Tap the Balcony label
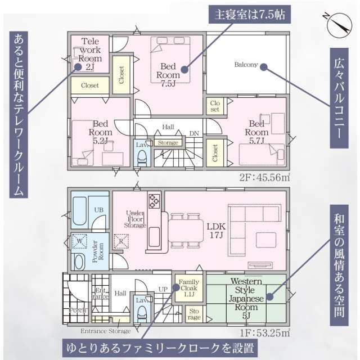pos(246,65)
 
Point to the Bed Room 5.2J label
pos(101,133)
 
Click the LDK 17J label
pos(215,230)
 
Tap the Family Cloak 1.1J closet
pos(186,288)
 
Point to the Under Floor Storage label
pos(135,219)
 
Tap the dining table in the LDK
pos(185,230)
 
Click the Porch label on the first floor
pos(76,310)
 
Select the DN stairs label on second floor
pos(193,133)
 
